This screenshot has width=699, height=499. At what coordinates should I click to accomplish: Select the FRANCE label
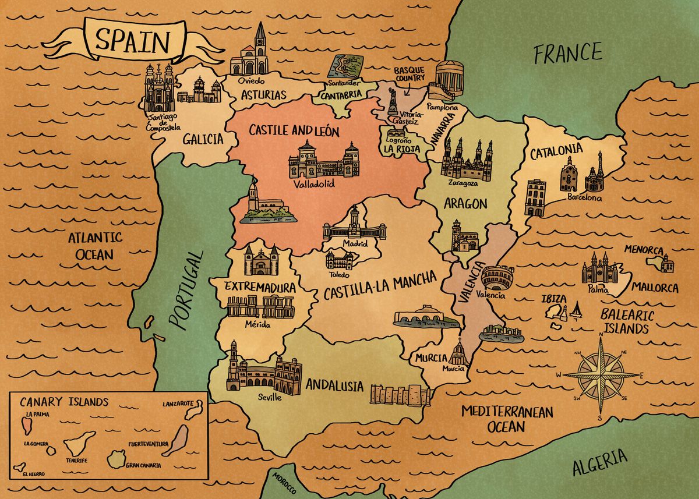(x=569, y=54)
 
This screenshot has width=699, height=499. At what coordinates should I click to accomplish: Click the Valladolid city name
(x=314, y=185)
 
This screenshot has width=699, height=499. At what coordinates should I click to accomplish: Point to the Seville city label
(x=269, y=397)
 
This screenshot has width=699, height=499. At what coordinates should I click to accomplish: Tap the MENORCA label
(x=644, y=250)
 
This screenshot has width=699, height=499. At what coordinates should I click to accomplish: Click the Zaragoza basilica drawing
(x=463, y=160)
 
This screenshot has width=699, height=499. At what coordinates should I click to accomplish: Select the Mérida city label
(x=257, y=324)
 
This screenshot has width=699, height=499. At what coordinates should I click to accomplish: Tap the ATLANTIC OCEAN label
(x=95, y=246)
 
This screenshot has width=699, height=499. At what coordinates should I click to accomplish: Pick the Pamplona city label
(x=442, y=108)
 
